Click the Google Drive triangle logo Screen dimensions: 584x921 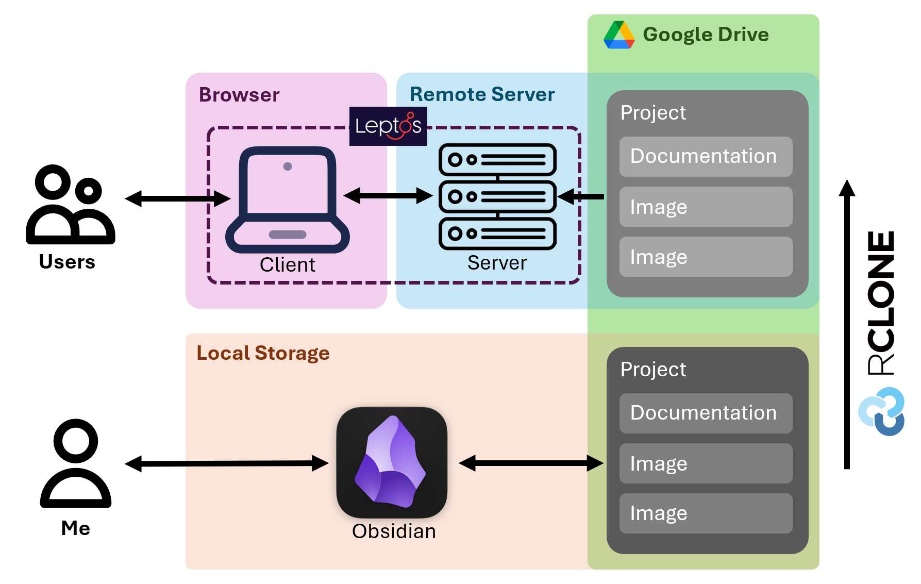619,35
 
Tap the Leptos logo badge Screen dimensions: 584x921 388,126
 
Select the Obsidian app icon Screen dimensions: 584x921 392,462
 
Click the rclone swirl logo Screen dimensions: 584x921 882,411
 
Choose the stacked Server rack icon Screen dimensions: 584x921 497,196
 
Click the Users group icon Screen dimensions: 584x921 70,205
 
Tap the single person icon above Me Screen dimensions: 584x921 76,463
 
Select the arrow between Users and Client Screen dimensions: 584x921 178,198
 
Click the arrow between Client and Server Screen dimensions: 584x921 388,195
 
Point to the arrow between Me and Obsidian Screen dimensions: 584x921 227,463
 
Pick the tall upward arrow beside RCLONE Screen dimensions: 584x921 847,325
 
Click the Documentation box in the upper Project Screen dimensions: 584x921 706,157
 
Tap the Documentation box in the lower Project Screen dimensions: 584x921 706,413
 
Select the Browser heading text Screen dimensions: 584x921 239,95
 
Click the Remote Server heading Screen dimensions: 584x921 482,94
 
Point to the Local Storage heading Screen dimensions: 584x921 263,353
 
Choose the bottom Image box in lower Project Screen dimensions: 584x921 706,513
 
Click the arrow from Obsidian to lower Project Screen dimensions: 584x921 531,463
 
